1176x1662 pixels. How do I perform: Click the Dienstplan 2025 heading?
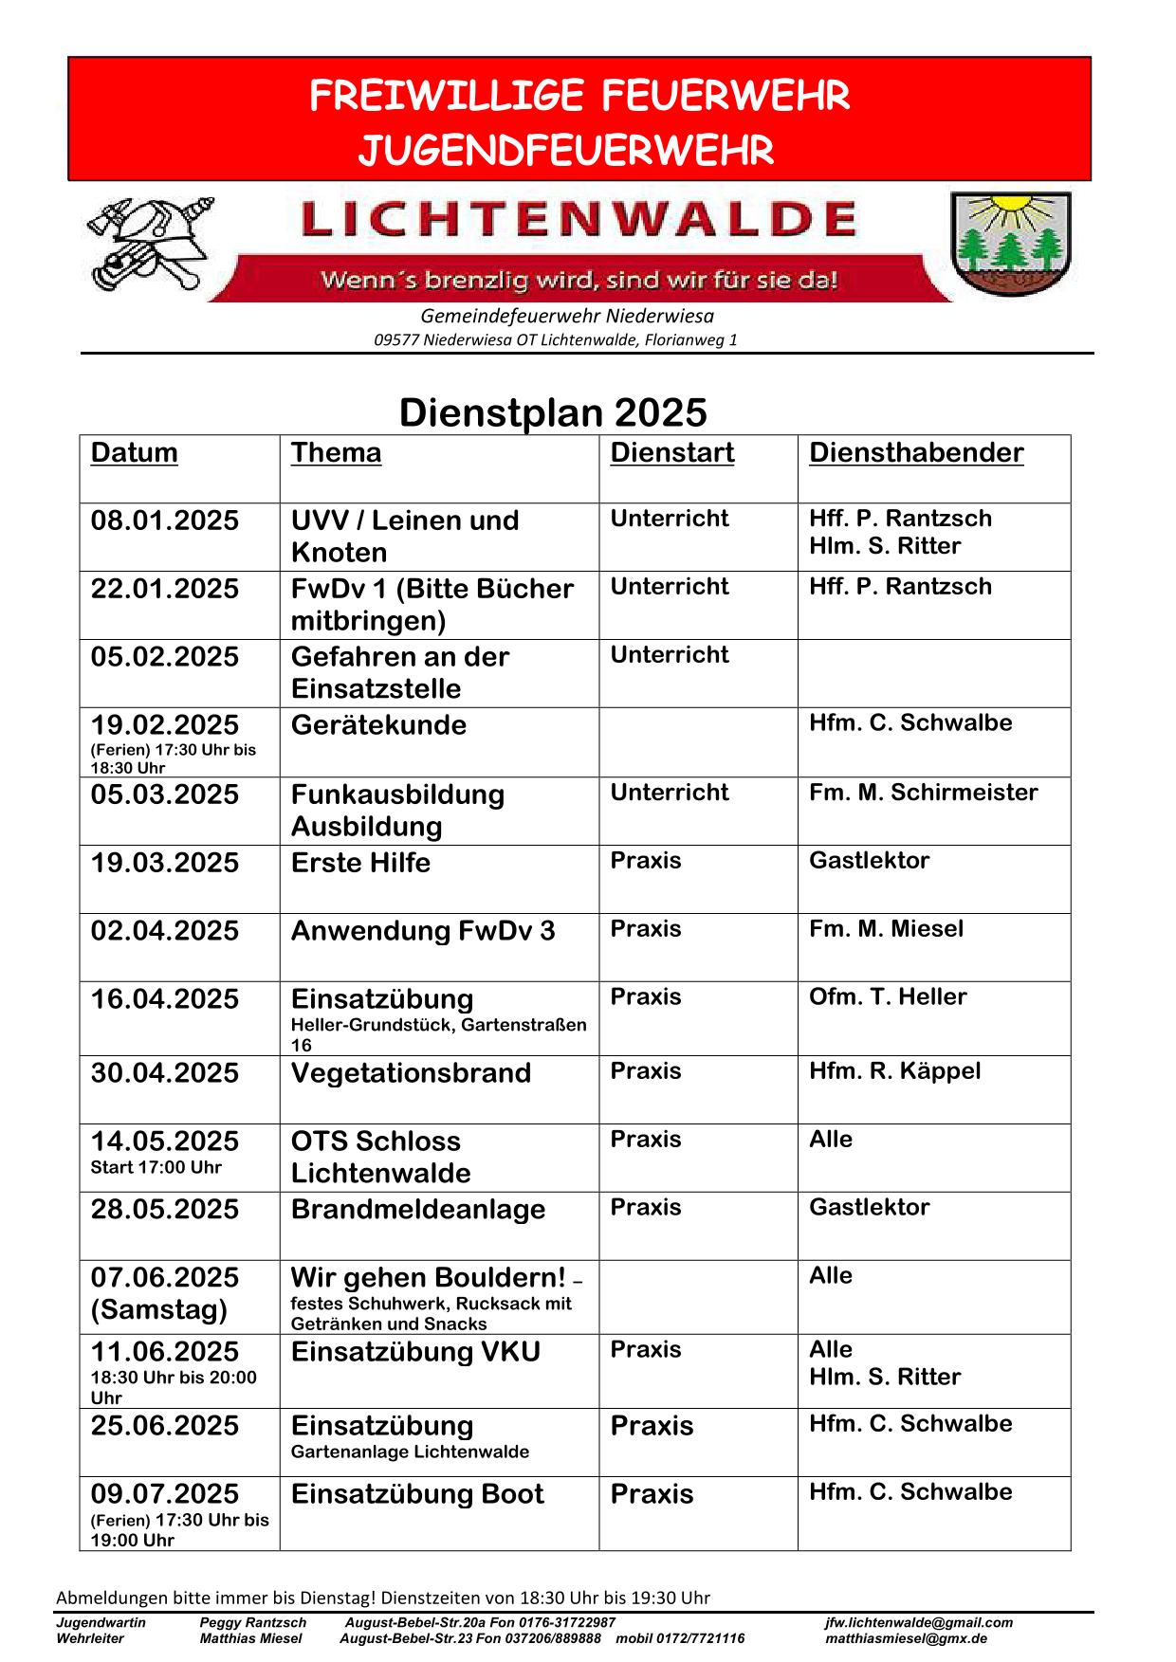(x=553, y=412)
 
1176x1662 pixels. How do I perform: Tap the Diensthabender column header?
(x=916, y=453)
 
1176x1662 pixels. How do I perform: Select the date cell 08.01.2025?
(x=165, y=521)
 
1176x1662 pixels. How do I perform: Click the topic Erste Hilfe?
(x=360, y=863)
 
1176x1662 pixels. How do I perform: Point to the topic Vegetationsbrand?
(x=411, y=1073)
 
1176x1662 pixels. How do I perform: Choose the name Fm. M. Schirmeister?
(x=923, y=793)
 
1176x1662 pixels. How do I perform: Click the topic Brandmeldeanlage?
(x=418, y=1210)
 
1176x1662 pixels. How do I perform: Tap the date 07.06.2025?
(x=165, y=1278)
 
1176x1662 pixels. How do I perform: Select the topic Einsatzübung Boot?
(x=417, y=1494)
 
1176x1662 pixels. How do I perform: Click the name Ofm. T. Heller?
(x=888, y=997)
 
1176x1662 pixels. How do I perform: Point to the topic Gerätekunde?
(x=378, y=725)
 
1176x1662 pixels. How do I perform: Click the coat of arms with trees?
(x=1010, y=244)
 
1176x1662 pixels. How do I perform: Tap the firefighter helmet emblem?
(x=150, y=245)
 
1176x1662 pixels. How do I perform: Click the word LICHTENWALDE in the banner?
(x=579, y=220)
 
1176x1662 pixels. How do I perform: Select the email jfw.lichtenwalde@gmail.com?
(x=918, y=1622)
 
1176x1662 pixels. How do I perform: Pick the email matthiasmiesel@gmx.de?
(x=906, y=1638)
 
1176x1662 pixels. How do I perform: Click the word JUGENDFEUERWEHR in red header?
(x=566, y=151)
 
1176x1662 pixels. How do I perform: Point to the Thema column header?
(x=336, y=453)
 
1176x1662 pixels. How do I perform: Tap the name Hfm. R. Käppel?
(x=894, y=1071)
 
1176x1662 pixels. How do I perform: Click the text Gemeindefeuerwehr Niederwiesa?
(x=567, y=316)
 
